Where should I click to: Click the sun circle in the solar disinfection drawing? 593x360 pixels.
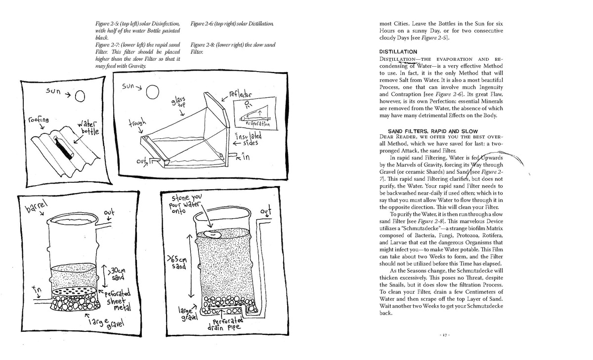coord(80,96)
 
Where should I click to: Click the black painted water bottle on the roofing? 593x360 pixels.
coord(64,147)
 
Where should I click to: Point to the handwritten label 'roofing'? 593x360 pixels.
coord(39,120)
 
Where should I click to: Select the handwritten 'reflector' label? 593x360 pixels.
coord(240,94)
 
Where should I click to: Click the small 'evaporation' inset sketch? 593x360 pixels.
coord(255,114)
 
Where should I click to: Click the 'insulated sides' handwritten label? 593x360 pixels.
coord(249,139)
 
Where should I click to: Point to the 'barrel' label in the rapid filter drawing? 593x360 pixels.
coord(36,205)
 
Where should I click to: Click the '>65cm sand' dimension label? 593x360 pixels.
coord(177,262)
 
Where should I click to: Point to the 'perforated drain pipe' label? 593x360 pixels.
coord(225,324)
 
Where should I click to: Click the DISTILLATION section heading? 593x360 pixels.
coord(398,52)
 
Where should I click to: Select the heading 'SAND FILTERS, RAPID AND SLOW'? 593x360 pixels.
coord(433,131)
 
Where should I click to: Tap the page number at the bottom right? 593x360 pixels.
coord(444,335)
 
